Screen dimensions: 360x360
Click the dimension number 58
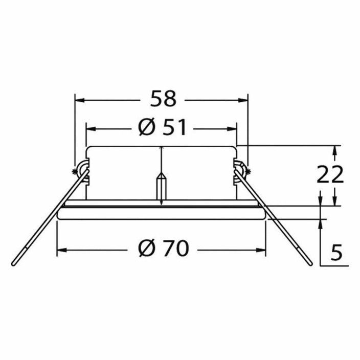coord(163,99)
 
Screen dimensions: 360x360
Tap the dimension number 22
coord(330,174)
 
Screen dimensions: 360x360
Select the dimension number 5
coord(336,252)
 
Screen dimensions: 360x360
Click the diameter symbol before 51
coord(146,127)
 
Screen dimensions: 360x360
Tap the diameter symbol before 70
coord(146,248)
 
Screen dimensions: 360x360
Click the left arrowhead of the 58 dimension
coord(80,100)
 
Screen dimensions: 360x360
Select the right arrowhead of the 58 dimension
coord(243,100)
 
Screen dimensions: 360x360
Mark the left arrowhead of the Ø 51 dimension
coord(91,129)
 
